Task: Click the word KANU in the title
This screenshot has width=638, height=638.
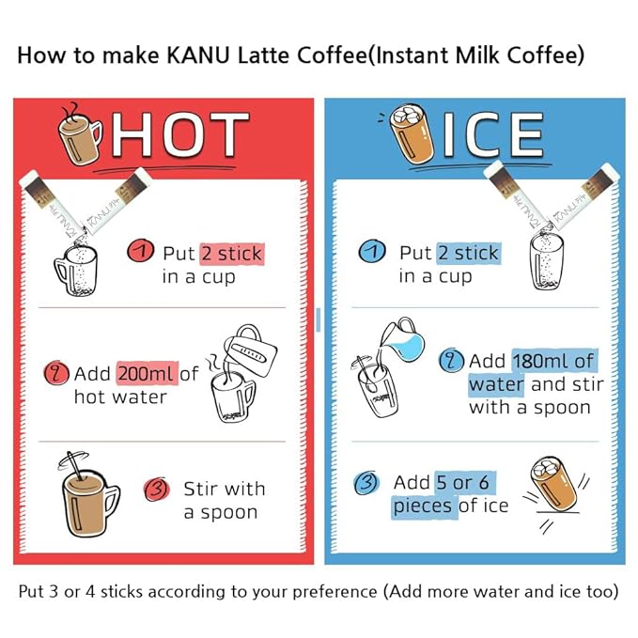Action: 198,55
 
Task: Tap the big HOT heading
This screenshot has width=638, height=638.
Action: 179,134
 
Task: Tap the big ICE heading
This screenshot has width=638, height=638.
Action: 493,134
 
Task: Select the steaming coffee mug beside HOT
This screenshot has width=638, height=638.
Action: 80,134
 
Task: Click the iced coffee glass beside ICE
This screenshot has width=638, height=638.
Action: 411,134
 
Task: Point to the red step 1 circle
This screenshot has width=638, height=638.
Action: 140,251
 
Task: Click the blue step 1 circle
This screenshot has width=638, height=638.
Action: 372,251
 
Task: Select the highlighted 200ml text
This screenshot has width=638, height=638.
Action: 148,373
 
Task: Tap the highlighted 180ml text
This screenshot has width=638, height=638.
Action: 532,361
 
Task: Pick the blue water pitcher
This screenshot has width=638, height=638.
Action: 403,340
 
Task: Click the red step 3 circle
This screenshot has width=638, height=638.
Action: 157,490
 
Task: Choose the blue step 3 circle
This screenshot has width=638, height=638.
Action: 367,483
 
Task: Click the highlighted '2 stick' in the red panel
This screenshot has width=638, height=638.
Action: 232,254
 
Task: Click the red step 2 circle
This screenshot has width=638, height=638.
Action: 56,373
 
